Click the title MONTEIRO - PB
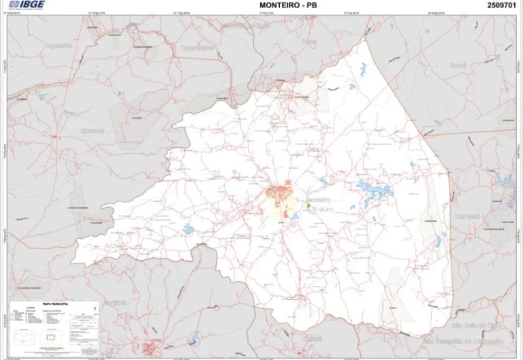(x=289, y=5)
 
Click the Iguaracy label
(x=93, y=130)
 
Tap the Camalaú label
(x=469, y=215)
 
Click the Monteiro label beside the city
(x=319, y=199)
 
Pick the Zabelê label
(x=313, y=336)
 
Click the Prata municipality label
(x=310, y=42)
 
